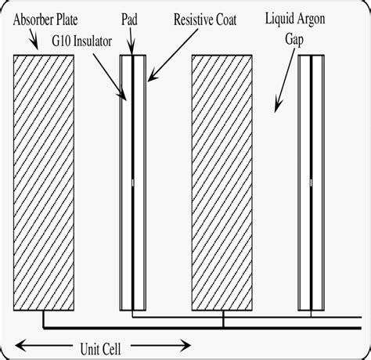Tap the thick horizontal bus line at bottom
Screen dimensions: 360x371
click(196, 326)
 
